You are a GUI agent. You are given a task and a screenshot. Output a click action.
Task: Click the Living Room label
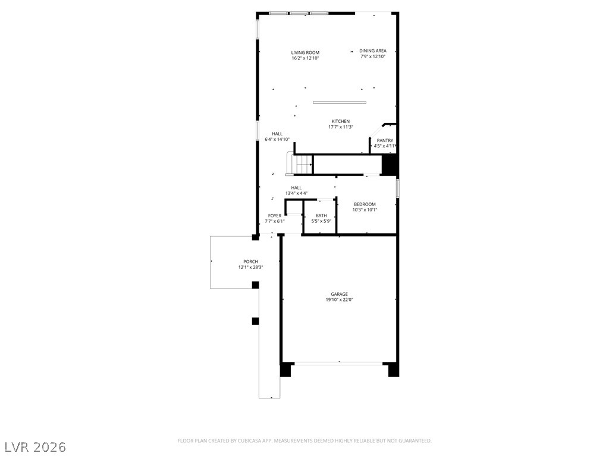pyautogui.click(x=305, y=53)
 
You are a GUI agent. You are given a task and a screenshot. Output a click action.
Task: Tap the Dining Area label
pyautogui.click(x=373, y=51)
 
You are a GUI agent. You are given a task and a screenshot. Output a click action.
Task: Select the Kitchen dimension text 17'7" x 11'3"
pyautogui.click(x=341, y=127)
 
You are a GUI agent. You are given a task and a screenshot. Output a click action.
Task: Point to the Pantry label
pyautogui.click(x=385, y=140)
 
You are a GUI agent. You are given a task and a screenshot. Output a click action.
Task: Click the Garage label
pyautogui.click(x=340, y=294)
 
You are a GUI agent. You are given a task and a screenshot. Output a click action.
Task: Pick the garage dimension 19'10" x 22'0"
pyautogui.click(x=340, y=300)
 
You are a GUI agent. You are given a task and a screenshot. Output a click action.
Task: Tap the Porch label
pyautogui.click(x=250, y=262)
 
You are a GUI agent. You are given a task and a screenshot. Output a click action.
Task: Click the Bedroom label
pyautogui.click(x=365, y=204)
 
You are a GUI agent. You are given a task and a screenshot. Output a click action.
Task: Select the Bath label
pyautogui.click(x=321, y=216)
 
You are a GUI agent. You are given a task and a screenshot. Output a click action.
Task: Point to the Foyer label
pyautogui.click(x=275, y=216)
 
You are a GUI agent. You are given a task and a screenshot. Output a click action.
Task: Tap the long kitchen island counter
pyautogui.click(x=340, y=103)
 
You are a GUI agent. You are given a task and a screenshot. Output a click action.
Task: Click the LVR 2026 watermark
pyautogui.click(x=34, y=447)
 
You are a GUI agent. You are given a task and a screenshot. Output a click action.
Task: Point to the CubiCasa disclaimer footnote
pyautogui.click(x=304, y=441)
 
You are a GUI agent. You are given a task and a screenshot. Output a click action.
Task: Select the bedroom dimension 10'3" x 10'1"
pyautogui.click(x=365, y=210)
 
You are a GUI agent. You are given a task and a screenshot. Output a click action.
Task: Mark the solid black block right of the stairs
pyautogui.click(x=389, y=164)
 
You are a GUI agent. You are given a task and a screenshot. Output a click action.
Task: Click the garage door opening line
pyautogui.click(x=338, y=363)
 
